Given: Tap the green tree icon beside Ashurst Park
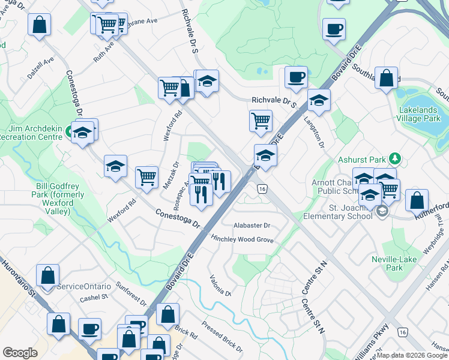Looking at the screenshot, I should [394, 159].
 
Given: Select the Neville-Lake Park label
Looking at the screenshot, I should [403, 263].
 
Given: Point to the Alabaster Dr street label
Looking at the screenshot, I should [252, 226].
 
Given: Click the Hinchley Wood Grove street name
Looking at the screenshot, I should [242, 239].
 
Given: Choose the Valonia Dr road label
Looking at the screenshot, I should [220, 285].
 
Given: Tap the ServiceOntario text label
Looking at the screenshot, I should [82, 287].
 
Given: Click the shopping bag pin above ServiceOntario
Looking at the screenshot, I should [48, 275].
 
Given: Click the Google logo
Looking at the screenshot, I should [20, 353].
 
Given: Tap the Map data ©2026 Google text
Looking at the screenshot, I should [411, 355].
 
